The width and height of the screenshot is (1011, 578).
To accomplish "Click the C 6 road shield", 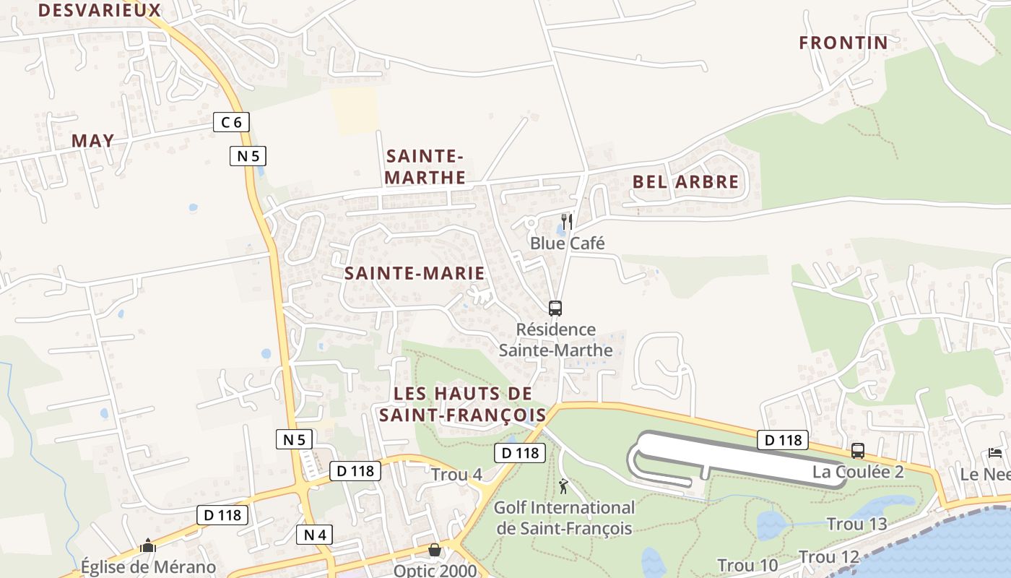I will [231, 122].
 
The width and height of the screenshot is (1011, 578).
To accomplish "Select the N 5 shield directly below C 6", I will [248, 155].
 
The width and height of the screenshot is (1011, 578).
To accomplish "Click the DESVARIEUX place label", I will [99, 10].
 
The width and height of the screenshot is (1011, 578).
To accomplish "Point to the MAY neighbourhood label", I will [93, 141].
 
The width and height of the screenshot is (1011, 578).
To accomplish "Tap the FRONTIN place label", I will [843, 43].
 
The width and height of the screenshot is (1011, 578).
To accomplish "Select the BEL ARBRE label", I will [686, 182].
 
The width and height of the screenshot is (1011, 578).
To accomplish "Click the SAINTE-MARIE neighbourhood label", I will [415, 273].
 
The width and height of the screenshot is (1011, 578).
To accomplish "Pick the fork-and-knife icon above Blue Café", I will [568, 221].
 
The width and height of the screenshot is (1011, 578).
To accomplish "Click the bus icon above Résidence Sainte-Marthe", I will [555, 309].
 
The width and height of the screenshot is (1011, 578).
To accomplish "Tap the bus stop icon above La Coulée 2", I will [858, 451].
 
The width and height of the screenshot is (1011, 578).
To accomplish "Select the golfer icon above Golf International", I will [563, 486].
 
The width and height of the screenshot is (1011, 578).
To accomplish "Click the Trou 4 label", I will [456, 475].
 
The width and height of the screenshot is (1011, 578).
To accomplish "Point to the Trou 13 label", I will [856, 524].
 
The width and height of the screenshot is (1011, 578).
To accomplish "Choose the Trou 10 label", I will [747, 565].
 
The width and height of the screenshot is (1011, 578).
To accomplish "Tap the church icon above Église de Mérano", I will [148, 545].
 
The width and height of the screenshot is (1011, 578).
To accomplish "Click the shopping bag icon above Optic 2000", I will [435, 551].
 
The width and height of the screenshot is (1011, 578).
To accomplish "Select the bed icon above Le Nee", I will [995, 454].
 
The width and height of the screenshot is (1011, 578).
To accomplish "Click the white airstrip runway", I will [737, 455].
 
